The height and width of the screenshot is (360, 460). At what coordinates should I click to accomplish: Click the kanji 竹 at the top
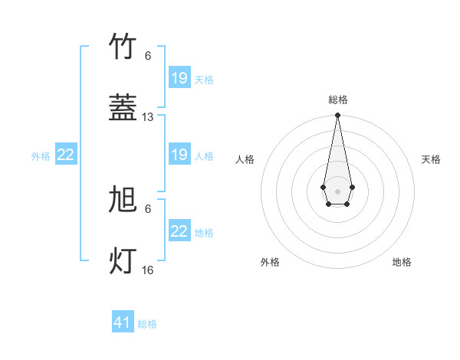(x=123, y=47)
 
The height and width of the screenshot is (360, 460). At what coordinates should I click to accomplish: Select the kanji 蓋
(x=123, y=109)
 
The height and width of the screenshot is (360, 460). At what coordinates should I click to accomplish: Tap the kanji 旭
(x=123, y=201)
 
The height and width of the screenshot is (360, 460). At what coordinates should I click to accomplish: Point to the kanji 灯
(x=123, y=261)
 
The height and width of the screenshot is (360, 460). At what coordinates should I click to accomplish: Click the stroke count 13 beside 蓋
(x=148, y=117)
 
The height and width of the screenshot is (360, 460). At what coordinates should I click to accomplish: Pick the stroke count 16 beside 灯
(x=148, y=270)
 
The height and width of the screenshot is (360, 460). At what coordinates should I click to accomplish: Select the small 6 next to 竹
(x=148, y=56)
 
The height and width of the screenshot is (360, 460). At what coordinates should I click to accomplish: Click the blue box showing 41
(x=123, y=322)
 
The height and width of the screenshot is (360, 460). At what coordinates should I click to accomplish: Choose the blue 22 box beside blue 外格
(x=65, y=155)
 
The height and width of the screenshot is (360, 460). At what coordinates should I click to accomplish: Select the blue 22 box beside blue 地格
(x=179, y=231)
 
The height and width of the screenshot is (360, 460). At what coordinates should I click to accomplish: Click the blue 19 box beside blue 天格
(x=179, y=78)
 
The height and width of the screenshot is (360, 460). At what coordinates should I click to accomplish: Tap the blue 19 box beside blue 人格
(x=179, y=155)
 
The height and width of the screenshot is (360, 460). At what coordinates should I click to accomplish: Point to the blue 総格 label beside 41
(x=147, y=324)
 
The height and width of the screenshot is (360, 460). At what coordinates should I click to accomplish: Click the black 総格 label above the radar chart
(x=338, y=100)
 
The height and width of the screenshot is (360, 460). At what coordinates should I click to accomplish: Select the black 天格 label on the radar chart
(x=431, y=159)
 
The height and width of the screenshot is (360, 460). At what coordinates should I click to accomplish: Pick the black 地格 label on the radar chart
(x=402, y=262)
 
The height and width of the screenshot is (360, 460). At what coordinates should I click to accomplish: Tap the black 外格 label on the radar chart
(x=270, y=262)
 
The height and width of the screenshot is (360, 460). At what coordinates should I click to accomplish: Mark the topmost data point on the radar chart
(x=337, y=116)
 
